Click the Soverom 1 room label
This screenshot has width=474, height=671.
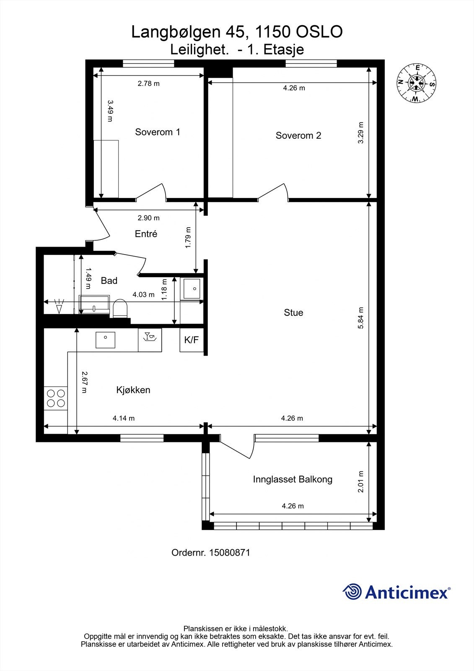point(158,132)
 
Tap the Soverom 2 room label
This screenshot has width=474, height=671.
point(298,135)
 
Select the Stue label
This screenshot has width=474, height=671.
point(293,312)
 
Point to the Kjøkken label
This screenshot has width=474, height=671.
point(133,390)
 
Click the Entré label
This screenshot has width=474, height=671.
point(146,234)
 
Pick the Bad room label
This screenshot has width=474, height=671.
point(109,281)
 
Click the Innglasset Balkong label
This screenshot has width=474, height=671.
point(293,479)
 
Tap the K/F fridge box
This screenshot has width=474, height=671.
point(192,340)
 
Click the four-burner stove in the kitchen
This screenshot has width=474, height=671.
point(56,398)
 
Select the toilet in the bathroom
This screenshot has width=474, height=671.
point(120,308)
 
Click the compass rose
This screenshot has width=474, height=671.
point(416,83)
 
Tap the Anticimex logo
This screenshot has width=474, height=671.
point(396,592)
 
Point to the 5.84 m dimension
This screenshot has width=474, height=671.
point(360,318)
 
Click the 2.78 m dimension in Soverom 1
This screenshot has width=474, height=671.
point(148,83)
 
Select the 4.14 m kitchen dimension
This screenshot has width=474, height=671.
point(124,418)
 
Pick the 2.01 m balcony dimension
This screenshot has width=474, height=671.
point(360,481)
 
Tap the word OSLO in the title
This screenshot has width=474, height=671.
point(319,32)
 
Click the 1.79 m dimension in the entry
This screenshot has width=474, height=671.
point(188,237)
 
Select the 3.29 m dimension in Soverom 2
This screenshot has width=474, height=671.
point(360,133)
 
